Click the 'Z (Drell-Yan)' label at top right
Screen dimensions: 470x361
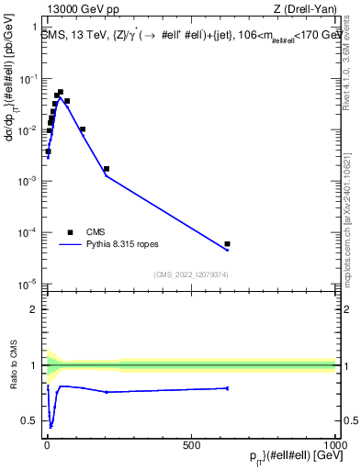(305, 10)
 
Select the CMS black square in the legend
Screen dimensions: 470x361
(71, 231)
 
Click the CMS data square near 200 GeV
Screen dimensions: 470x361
(107, 169)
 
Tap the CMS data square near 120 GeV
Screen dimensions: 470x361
(83, 129)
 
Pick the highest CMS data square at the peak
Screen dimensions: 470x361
(61, 93)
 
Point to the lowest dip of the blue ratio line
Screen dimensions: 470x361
(51, 426)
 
